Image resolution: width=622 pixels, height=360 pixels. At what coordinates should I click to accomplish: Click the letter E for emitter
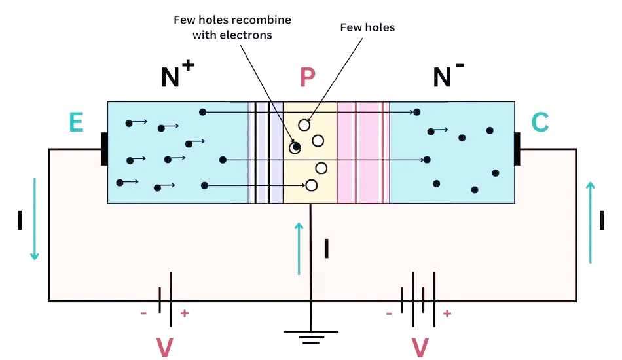tap(76, 122)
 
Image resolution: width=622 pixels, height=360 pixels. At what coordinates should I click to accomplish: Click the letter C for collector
tap(540, 122)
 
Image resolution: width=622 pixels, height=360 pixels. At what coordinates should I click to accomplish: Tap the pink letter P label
tap(307, 78)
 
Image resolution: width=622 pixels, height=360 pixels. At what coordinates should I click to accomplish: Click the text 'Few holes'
tap(367, 27)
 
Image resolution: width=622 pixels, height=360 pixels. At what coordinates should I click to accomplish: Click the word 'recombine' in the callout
tap(261, 20)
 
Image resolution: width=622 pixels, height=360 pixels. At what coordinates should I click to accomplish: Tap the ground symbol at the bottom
tap(311, 336)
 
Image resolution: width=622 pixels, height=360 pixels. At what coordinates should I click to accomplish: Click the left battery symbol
tap(166, 301)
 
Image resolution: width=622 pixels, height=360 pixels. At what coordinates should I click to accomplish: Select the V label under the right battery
tap(419, 347)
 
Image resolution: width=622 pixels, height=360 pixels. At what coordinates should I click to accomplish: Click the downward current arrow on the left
tap(34, 219)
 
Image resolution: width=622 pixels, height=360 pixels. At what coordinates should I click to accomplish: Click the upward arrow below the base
tap(299, 248)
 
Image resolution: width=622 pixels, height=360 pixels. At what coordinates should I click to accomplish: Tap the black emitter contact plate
tap(104, 149)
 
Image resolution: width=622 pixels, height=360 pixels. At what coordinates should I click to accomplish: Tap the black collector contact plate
tap(517, 149)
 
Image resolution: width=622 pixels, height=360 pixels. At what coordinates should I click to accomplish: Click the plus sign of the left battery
tap(185, 314)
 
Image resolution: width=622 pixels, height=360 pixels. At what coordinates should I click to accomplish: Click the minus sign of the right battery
tap(390, 314)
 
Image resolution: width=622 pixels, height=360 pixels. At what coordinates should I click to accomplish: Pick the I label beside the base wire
tap(326, 249)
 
